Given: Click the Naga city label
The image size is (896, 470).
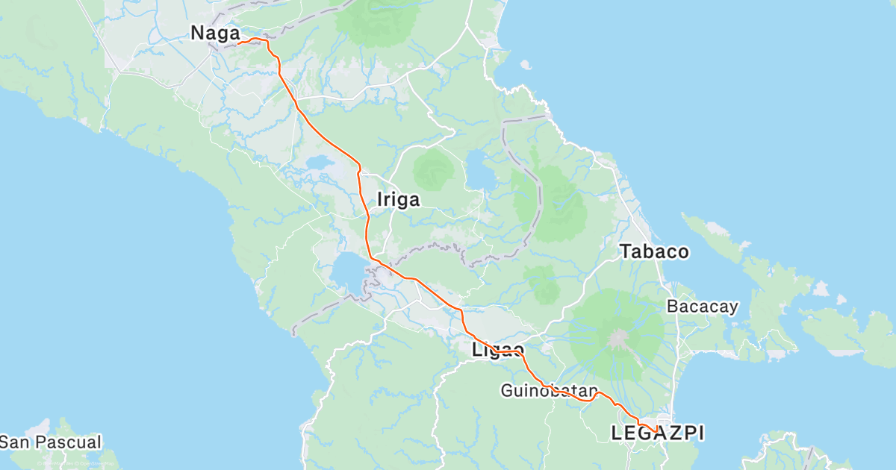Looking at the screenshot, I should (215, 34).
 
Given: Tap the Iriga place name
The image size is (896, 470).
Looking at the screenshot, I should (398, 200).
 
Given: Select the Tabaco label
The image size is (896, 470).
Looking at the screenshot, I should (654, 252).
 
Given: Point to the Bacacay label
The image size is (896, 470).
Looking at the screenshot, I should (702, 306).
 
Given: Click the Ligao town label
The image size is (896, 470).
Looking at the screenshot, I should (497, 350).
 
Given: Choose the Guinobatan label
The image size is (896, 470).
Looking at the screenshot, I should (550, 390).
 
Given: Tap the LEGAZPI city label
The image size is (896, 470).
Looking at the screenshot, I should (657, 433).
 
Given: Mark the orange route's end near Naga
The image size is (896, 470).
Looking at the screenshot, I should (239, 43).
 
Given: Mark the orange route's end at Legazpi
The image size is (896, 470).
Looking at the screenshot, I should (656, 432).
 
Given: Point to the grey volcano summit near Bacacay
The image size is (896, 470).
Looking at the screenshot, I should (617, 338).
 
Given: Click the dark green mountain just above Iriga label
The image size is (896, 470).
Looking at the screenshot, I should (433, 169).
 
